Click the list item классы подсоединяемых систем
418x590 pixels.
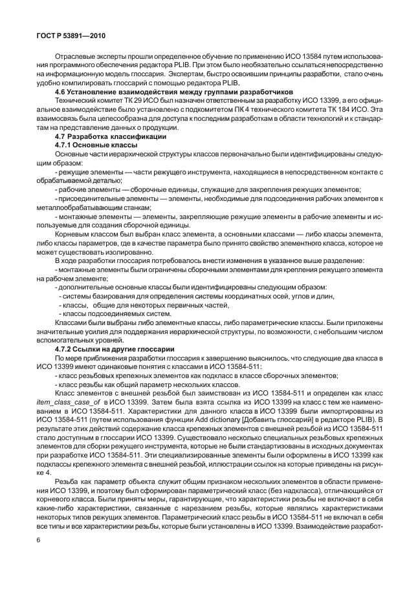click(101, 313)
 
